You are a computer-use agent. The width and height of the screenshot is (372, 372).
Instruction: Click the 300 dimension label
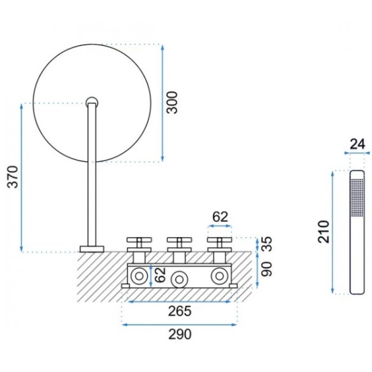coord(172,102)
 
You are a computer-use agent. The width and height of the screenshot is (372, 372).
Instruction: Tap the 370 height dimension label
coord(13,177)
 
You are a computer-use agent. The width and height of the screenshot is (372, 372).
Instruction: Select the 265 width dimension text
coord(179,311)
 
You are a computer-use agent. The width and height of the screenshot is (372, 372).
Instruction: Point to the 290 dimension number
coord(179,334)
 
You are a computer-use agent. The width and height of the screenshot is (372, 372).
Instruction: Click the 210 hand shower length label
coord(324,232)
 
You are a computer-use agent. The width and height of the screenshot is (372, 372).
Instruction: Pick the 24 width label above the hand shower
coord(357,144)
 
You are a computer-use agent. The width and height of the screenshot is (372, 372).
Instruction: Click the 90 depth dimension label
coord(266,269)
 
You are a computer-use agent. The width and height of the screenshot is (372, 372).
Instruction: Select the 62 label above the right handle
coord(220,217)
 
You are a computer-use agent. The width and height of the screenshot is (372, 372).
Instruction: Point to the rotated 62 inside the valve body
coord(160,275)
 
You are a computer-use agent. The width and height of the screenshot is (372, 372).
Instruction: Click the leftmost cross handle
coord(139,245)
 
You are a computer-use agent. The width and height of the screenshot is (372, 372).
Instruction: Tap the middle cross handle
coord(179,245)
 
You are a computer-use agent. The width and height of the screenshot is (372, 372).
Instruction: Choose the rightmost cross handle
coord(219,245)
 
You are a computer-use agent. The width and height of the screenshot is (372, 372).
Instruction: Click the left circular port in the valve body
coord(139,276)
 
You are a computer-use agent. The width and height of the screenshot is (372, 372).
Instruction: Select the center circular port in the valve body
coord(179,279)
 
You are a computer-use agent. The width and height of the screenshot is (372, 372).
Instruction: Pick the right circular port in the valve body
coord(219,276)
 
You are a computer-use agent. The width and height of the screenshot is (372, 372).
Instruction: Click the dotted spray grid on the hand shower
coord(357,197)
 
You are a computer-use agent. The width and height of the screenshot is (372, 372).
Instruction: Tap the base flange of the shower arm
coord(92,249)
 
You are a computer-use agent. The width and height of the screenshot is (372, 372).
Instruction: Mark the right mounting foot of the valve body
coord(233,286)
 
